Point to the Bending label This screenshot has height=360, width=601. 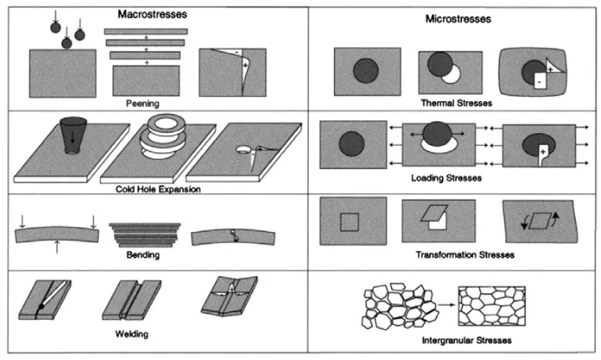click(x=146, y=254)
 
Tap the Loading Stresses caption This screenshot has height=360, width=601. click(x=454, y=178)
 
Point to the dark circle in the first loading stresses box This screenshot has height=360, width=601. click(x=352, y=144)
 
